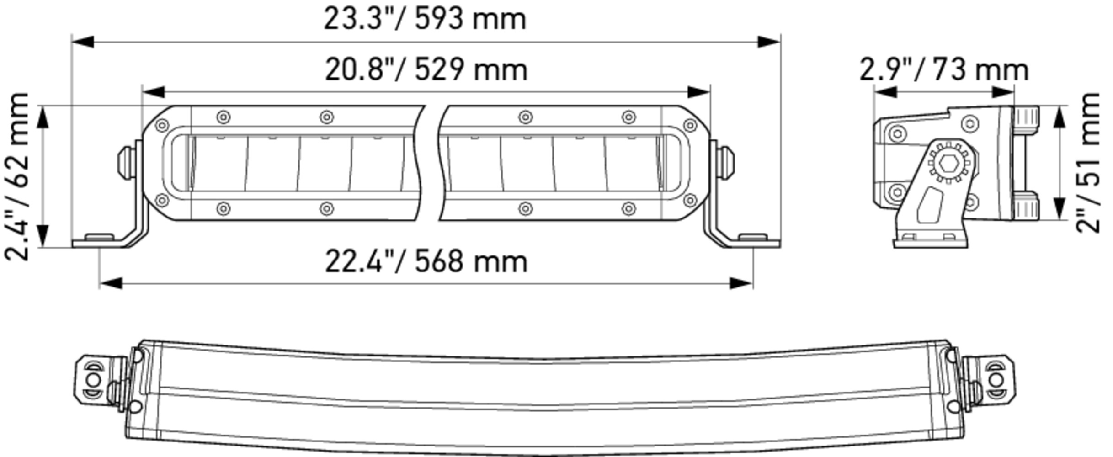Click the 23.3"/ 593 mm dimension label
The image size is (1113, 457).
click(425, 19)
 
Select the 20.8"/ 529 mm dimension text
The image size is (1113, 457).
click(426, 70)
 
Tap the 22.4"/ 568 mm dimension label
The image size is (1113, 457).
click(426, 262)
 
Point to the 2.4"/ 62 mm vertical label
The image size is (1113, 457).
click(17, 176)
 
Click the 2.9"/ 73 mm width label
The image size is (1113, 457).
click(944, 70)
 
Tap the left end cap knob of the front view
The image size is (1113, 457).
click(126, 163)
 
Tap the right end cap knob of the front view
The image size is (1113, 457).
click(726, 162)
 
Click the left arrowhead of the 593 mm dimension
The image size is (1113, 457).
click(83, 42)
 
